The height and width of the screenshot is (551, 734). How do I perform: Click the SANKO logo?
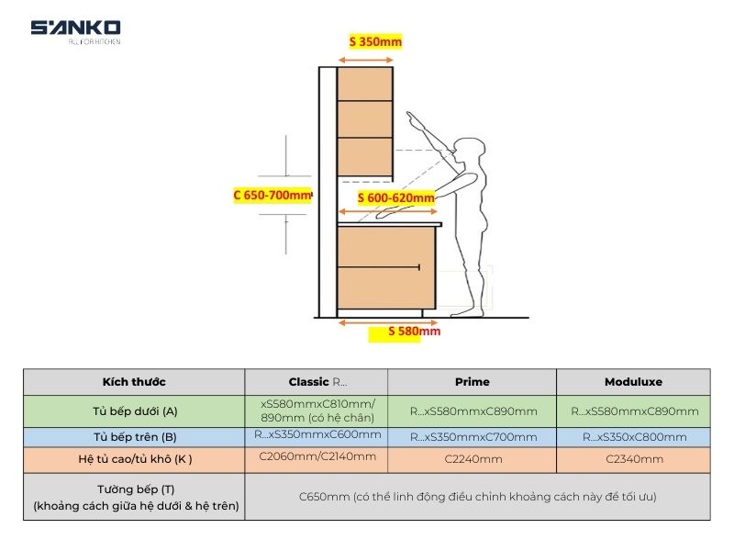tap(75, 30)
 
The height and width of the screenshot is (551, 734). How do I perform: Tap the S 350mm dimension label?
tap(375, 41)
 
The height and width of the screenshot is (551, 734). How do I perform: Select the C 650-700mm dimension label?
tap(272, 195)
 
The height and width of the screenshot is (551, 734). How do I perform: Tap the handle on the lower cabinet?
tap(418, 267)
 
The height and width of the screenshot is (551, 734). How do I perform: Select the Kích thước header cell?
tap(134, 382)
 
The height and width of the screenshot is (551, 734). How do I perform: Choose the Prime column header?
tap(472, 382)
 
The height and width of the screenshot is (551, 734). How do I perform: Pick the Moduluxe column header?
tap(633, 382)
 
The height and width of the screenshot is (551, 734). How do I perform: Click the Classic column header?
tap(317, 382)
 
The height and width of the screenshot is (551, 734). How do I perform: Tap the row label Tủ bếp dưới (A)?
tap(134, 410)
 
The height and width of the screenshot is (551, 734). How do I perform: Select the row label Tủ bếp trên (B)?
tap(134, 436)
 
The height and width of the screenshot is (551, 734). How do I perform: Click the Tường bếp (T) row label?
tap(134, 497)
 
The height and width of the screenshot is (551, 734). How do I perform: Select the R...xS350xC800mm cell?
tap(633, 437)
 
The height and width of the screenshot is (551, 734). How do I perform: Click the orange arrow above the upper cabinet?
tap(365, 60)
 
